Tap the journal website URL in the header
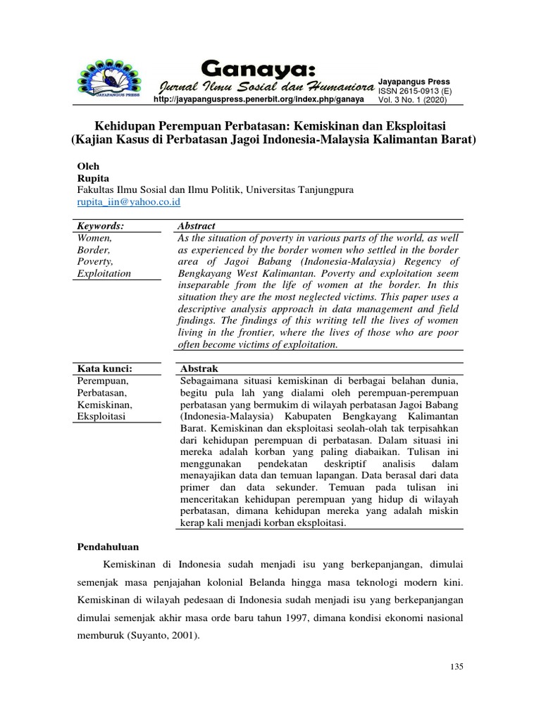[259, 99]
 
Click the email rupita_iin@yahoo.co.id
[129, 202]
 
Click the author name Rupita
[92, 178]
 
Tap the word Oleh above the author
[88, 165]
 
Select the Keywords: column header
[99, 225]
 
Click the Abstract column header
[197, 225]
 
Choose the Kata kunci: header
[104, 369]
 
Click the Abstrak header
[199, 369]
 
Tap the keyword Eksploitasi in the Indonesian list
[102, 417]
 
